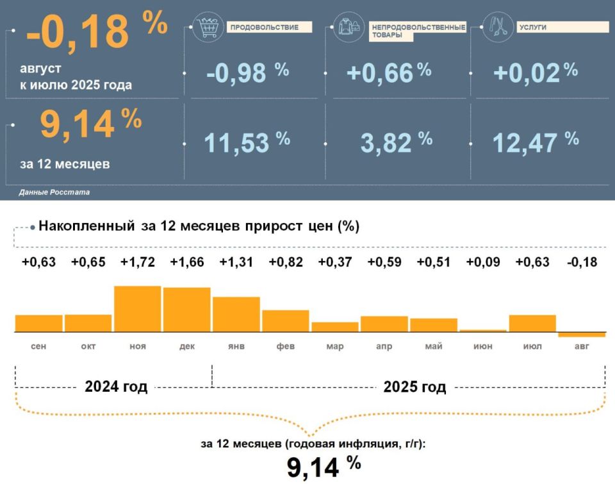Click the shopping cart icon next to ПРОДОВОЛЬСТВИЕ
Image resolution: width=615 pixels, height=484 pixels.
(x=208, y=27)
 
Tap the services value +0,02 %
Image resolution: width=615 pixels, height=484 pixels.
(x=536, y=72)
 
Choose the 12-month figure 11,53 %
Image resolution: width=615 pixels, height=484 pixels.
(x=247, y=142)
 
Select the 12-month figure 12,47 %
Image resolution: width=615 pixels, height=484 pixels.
(x=536, y=142)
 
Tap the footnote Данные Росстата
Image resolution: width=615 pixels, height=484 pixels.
(x=54, y=192)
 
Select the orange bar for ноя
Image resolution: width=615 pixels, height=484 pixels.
(x=137, y=309)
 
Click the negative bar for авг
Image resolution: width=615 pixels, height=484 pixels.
(x=582, y=335)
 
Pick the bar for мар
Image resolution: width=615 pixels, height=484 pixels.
(x=334, y=327)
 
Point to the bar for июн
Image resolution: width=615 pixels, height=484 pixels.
(x=483, y=331)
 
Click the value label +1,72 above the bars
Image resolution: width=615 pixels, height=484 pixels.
(x=137, y=262)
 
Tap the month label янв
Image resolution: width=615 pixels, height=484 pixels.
(x=236, y=347)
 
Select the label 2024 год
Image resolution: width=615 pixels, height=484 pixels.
(x=116, y=387)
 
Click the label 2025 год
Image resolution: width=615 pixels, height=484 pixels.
(x=414, y=387)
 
